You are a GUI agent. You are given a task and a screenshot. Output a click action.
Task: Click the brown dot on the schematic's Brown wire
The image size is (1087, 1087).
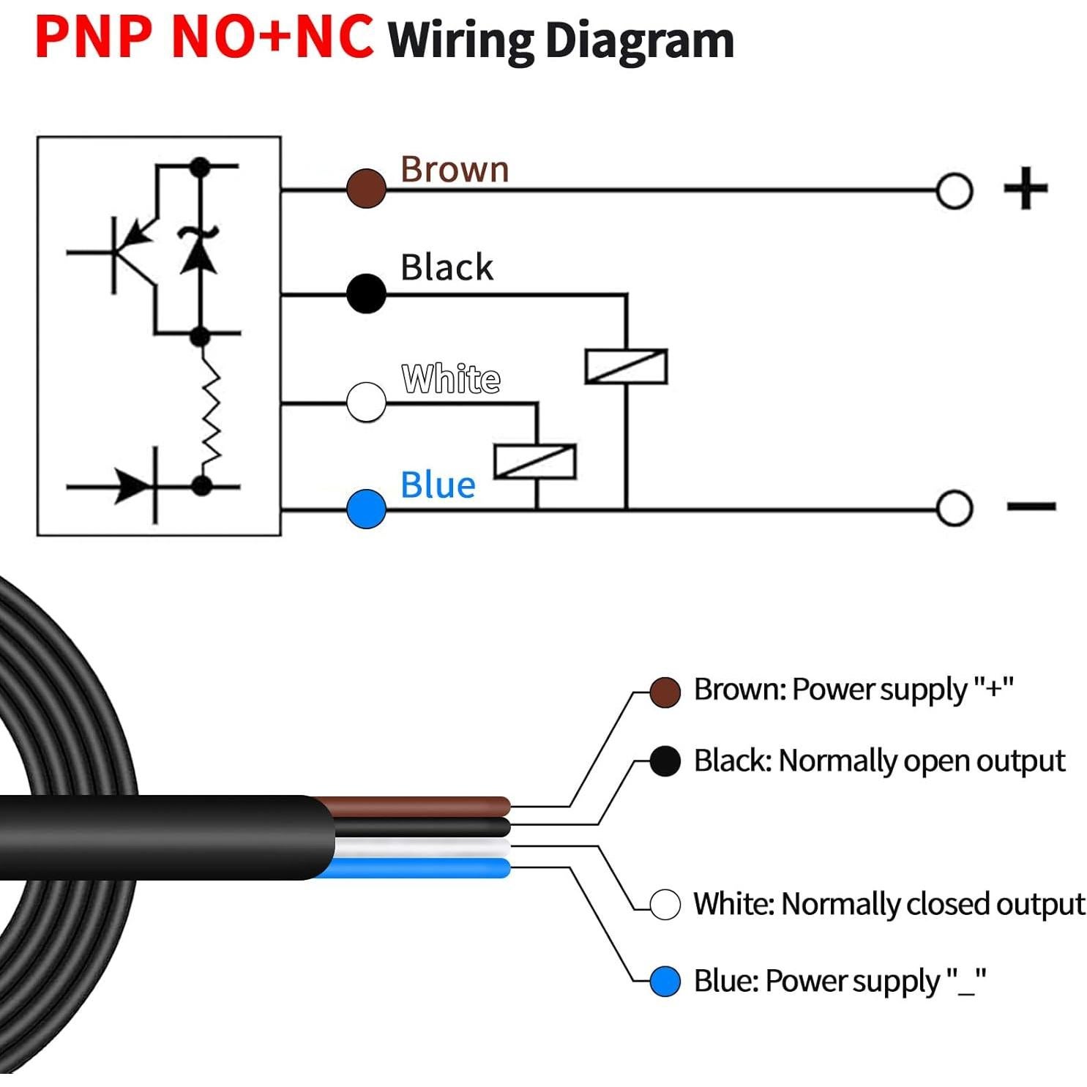pos(366,188)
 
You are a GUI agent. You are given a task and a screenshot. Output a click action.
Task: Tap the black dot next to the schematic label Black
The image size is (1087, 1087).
pos(366,294)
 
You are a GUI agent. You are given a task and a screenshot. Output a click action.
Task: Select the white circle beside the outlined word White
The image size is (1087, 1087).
pos(366,402)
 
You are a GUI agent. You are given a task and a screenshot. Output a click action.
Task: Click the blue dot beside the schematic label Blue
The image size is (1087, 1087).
pos(366,509)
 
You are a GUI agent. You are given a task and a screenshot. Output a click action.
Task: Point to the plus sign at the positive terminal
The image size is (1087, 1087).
pos(1025,188)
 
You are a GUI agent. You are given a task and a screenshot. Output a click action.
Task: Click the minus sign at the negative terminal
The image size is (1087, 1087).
pos(1031,506)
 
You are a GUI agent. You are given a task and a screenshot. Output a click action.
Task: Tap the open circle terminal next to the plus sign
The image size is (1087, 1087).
pos(954,191)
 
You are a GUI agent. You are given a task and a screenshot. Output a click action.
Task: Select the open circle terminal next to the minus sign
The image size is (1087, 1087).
pos(954,508)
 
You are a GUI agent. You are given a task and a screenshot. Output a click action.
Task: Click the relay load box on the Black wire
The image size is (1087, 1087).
pos(626,366)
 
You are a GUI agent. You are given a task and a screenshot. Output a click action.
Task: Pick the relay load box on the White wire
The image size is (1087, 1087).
pos(535,461)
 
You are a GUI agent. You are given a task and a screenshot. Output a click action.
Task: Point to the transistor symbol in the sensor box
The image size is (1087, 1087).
pos(132,253)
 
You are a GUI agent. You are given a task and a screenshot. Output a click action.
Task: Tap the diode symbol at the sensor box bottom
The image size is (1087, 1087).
pos(135,485)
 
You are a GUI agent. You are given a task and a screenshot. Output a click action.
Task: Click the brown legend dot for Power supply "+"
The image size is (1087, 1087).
pos(665,692)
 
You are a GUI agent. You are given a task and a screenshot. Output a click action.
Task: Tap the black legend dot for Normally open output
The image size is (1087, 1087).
pos(665,761)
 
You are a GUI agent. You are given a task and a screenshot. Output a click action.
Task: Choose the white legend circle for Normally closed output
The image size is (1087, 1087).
pos(665,904)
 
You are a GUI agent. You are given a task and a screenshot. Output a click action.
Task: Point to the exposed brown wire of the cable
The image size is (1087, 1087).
pos(425,806)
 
